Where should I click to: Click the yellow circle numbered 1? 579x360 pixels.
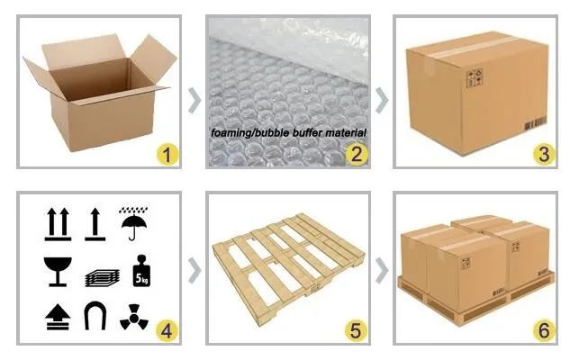167,154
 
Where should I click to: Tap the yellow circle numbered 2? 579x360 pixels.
357,154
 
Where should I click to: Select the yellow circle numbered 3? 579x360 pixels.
544,154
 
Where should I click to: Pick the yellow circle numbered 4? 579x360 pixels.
167,331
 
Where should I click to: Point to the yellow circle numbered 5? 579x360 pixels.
356,331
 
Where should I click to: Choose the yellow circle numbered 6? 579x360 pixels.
544,331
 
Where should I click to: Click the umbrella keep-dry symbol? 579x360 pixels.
133,223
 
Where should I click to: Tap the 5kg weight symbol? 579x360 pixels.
141,271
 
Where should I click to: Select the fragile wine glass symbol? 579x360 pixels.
58,272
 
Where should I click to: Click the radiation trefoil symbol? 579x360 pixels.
134,317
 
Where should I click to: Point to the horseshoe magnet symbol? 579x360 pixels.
95,316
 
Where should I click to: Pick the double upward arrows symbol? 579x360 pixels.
58,224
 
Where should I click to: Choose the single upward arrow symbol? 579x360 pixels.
95,224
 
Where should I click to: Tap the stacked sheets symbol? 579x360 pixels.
103,278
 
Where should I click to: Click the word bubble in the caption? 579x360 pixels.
273,132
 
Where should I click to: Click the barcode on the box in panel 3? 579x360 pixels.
536,123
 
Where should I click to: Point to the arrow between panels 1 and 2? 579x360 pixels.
195,100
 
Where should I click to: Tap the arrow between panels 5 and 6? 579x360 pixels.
382,271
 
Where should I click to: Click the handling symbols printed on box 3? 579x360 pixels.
475,77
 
